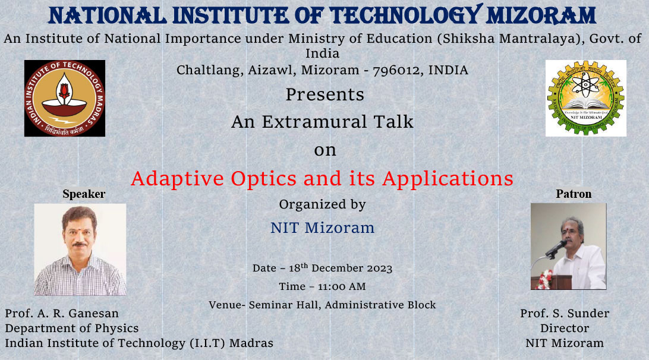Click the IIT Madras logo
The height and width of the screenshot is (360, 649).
[x=65, y=98]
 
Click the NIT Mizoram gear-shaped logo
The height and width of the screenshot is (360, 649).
[x=585, y=98]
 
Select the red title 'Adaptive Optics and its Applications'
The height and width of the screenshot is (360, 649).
[x=322, y=178]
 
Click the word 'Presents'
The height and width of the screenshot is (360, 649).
[x=324, y=94]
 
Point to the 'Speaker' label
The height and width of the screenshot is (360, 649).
[x=84, y=194]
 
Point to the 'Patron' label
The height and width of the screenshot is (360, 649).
[x=574, y=194]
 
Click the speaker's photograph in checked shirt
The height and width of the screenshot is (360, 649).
[x=80, y=250]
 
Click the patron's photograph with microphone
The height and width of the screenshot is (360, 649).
[x=568, y=246]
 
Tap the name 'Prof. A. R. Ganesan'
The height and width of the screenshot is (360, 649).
[x=62, y=313]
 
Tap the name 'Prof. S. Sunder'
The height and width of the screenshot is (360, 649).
[x=565, y=313]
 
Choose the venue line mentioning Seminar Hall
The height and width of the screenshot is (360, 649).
[x=322, y=305]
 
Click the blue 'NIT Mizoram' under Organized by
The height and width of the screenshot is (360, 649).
[x=322, y=228]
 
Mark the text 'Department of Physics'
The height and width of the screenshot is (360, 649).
[x=72, y=328]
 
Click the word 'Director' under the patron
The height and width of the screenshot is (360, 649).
[x=565, y=328]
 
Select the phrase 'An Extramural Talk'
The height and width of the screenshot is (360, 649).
[x=322, y=122]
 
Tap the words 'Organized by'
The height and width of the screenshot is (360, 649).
[x=322, y=204]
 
